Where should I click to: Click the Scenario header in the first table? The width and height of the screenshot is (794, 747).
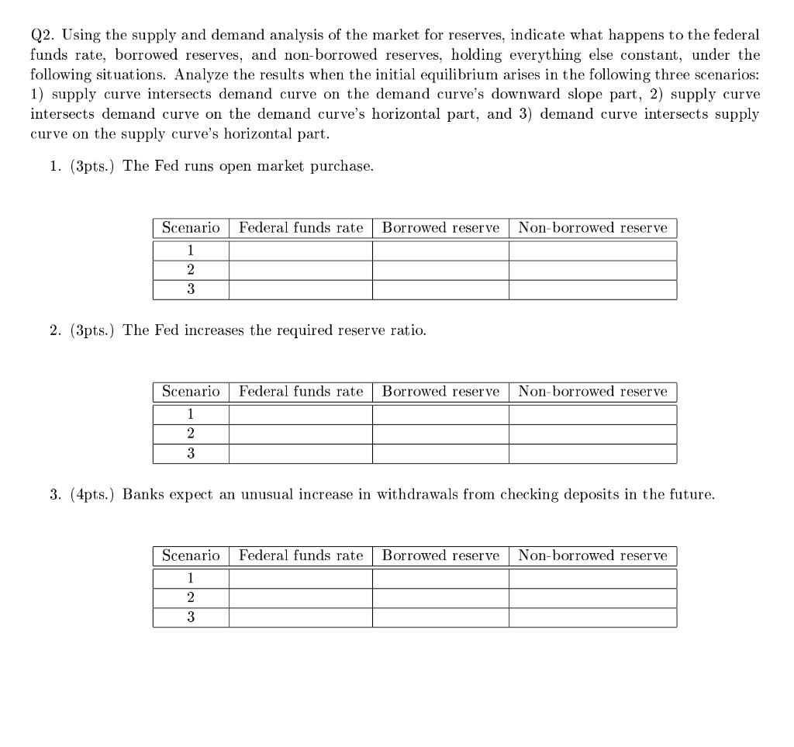[x=191, y=228]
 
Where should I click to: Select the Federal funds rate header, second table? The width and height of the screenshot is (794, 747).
[x=301, y=392]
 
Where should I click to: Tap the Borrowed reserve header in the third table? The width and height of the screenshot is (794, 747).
[x=440, y=555]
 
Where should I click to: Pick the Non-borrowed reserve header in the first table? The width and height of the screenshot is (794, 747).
[x=592, y=228]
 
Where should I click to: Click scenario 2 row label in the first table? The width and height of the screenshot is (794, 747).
[x=191, y=270]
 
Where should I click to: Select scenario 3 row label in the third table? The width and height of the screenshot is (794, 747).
[x=191, y=617]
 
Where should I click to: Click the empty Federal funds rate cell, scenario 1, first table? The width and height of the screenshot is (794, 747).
[x=301, y=251]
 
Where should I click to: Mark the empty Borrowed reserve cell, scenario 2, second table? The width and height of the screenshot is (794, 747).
[x=440, y=434]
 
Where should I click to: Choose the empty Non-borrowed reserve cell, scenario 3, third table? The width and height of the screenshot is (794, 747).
[x=592, y=617]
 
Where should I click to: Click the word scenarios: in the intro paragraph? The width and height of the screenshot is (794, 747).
[x=729, y=75]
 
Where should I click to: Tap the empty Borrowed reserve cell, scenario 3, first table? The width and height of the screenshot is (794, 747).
[x=440, y=289]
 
